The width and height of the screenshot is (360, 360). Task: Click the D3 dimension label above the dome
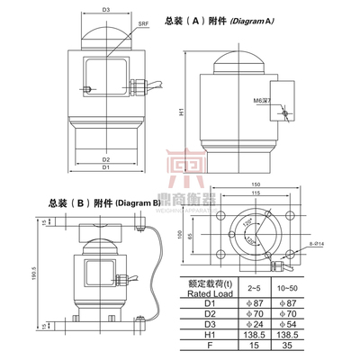[105, 10]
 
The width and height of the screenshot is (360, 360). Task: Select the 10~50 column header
[287, 287]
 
